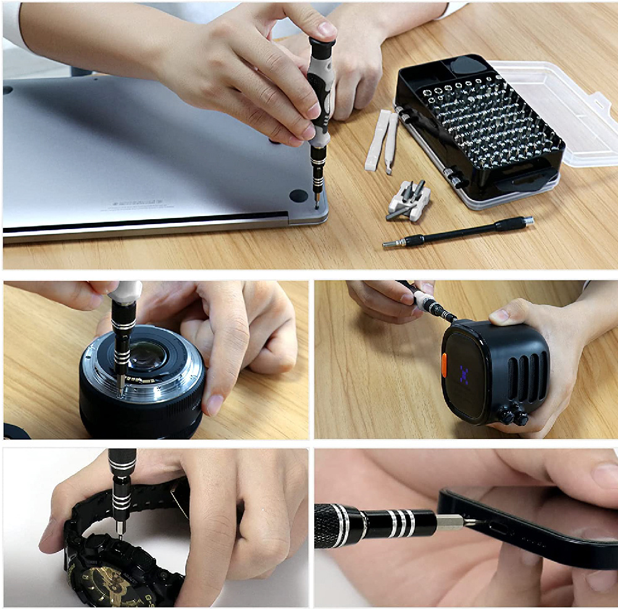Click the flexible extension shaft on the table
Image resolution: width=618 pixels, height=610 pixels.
[457, 232]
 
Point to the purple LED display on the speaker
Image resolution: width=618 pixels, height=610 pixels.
[464, 372]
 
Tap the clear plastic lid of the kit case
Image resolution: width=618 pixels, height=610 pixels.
[556, 111]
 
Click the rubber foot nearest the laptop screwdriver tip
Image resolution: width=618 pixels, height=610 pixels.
[298, 196]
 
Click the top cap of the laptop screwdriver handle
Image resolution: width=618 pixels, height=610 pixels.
[322, 44]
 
